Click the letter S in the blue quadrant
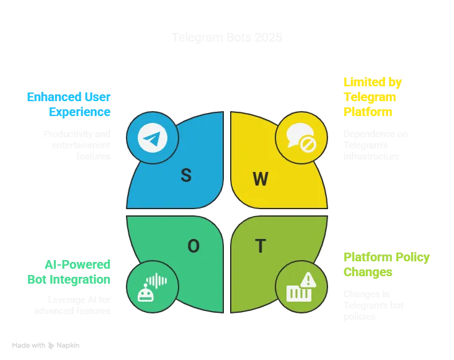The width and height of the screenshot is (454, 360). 185,176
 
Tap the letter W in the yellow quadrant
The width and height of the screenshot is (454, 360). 260,179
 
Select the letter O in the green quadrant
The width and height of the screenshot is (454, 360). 194,246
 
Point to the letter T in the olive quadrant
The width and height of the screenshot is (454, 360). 260,246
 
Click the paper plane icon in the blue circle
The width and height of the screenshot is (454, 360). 152,138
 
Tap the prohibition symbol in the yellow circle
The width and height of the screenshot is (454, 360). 308,145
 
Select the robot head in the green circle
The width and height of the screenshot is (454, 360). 146,293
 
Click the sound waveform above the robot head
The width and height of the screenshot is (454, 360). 156,281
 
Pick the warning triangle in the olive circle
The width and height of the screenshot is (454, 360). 308,281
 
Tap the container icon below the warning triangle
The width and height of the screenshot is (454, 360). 298,292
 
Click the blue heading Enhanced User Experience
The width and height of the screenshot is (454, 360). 68,104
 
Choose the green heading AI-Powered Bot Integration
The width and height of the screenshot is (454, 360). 68,272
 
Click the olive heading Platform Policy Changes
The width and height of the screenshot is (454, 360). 386,264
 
